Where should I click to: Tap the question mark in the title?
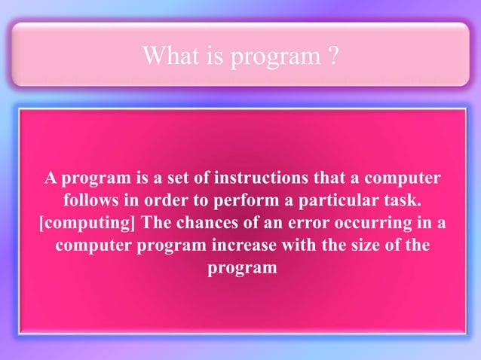point(332,55)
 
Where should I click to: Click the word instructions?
point(260,179)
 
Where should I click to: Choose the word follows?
point(91,202)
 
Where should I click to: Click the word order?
point(176,202)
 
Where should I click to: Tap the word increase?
point(253,246)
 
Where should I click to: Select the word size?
point(369,246)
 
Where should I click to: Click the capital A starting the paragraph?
point(50,179)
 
